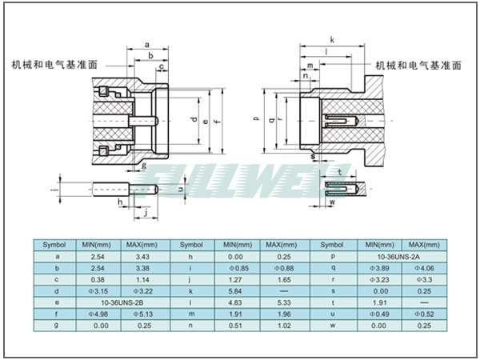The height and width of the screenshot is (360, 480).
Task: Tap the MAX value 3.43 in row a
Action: pyautogui.click(x=142, y=256)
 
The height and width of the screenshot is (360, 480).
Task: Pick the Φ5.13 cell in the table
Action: pyautogui.click(x=142, y=314)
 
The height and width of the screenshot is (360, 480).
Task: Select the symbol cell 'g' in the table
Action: pyautogui.click(x=54, y=326)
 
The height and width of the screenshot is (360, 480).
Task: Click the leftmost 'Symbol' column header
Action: pyautogui.click(x=54, y=244)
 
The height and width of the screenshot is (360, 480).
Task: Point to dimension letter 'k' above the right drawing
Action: pyautogui.click(x=332, y=39)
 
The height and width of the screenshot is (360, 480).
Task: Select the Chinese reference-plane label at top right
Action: pyautogui.click(x=418, y=65)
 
